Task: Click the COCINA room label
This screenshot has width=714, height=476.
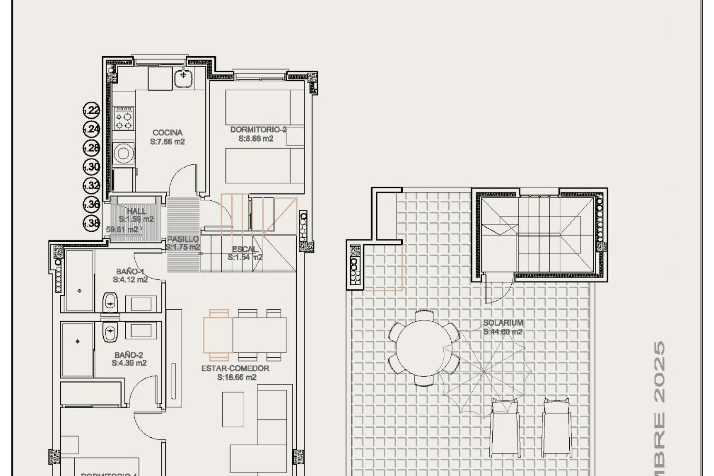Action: point(168,132)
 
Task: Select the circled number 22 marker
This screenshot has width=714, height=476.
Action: point(91,110)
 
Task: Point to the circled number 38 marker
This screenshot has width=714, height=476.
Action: point(91,223)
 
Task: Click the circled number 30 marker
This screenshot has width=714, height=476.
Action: point(91,167)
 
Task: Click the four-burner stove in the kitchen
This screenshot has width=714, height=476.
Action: point(124,118)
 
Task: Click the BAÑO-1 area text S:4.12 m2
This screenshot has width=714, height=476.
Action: point(131,280)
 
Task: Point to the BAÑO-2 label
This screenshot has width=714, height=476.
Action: point(129,354)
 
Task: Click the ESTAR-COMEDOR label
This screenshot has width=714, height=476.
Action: point(235,369)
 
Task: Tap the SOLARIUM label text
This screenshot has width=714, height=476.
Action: point(503,323)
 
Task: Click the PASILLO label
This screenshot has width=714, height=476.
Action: point(183,239)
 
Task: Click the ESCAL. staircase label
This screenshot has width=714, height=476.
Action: point(245,249)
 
